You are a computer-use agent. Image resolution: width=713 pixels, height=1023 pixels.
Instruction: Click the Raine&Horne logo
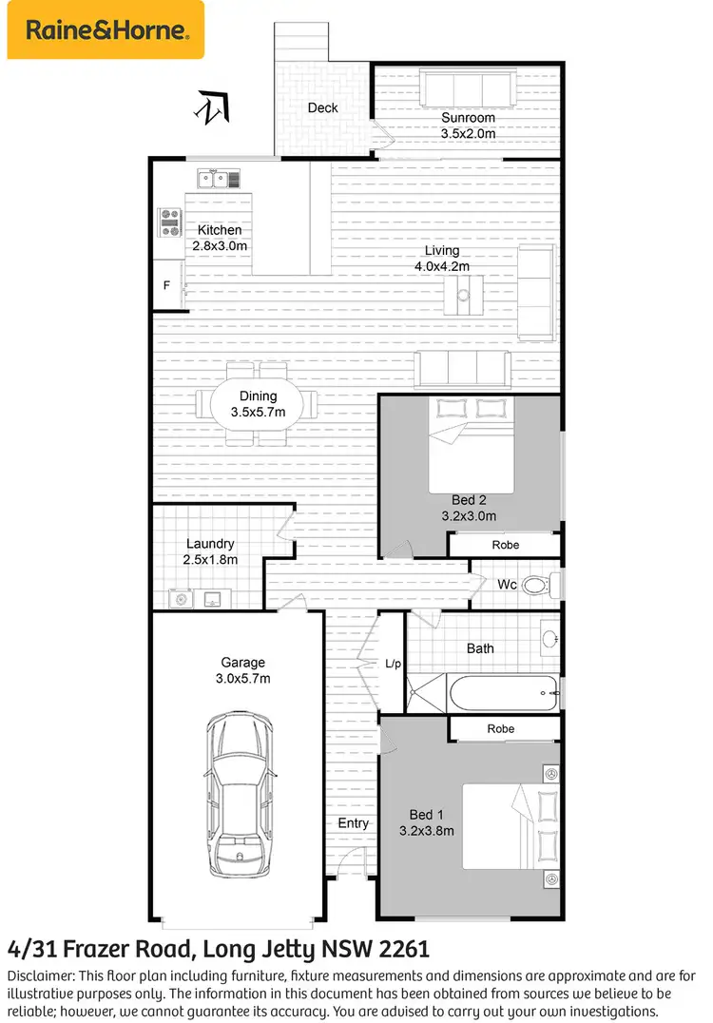(x=106, y=29)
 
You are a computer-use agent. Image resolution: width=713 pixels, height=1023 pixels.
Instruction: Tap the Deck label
(x=323, y=107)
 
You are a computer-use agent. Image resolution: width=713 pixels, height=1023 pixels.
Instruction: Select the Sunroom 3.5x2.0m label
(x=468, y=125)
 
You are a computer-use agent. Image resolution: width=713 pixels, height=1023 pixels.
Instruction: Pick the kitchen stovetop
(x=169, y=222)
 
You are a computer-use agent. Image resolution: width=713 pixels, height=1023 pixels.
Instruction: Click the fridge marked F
(x=167, y=284)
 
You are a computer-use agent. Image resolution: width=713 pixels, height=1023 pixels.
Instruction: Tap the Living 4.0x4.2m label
(x=442, y=259)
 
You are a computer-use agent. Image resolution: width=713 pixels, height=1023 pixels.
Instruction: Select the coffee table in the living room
(x=464, y=294)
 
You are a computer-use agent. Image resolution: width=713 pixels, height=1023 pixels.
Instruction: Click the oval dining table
(x=259, y=405)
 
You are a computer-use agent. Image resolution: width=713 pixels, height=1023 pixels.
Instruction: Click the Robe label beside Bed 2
(x=505, y=545)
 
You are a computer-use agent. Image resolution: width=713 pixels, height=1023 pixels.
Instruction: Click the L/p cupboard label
(x=392, y=664)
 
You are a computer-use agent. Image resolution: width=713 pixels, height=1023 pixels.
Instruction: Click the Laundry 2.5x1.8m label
(x=210, y=551)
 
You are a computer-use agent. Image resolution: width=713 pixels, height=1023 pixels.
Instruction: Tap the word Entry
(x=353, y=822)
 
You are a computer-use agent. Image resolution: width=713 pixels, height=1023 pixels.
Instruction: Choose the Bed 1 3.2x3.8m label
(x=427, y=822)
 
